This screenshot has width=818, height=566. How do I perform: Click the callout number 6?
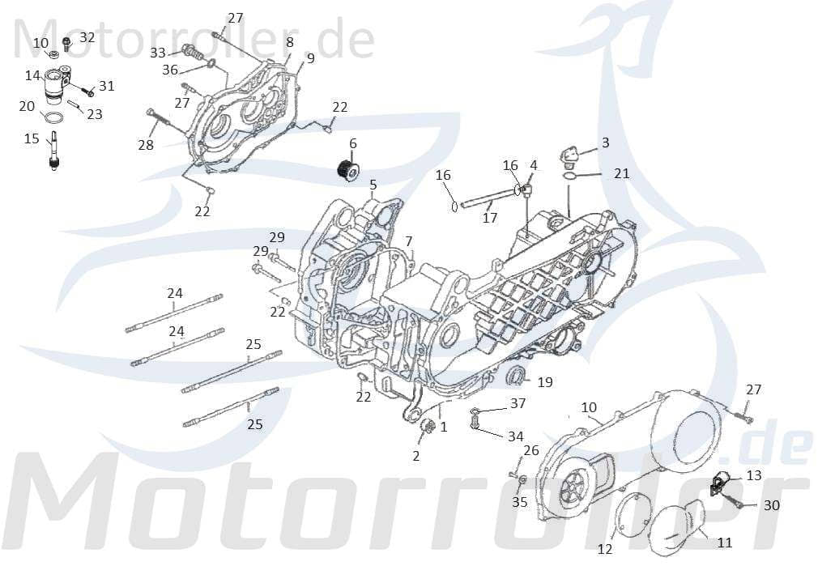(x=352, y=143)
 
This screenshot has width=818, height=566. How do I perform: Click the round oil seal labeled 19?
(x=514, y=376)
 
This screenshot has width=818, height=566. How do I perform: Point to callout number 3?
(x=604, y=143)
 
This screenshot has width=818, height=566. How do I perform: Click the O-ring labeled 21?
(x=570, y=176)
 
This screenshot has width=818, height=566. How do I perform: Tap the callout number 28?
(x=146, y=145)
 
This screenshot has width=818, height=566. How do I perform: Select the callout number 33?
(x=158, y=53)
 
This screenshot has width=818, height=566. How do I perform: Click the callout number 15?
(x=32, y=138)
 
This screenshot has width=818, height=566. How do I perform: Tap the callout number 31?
(x=107, y=86)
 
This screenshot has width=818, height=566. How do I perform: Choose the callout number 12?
(x=605, y=548)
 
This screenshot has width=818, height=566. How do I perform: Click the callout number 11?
(x=724, y=543)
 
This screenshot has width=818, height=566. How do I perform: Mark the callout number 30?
(x=772, y=505)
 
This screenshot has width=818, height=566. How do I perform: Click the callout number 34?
(x=515, y=436)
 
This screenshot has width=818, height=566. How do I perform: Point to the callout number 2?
(x=416, y=456)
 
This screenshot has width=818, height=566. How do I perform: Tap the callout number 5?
(x=373, y=185)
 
